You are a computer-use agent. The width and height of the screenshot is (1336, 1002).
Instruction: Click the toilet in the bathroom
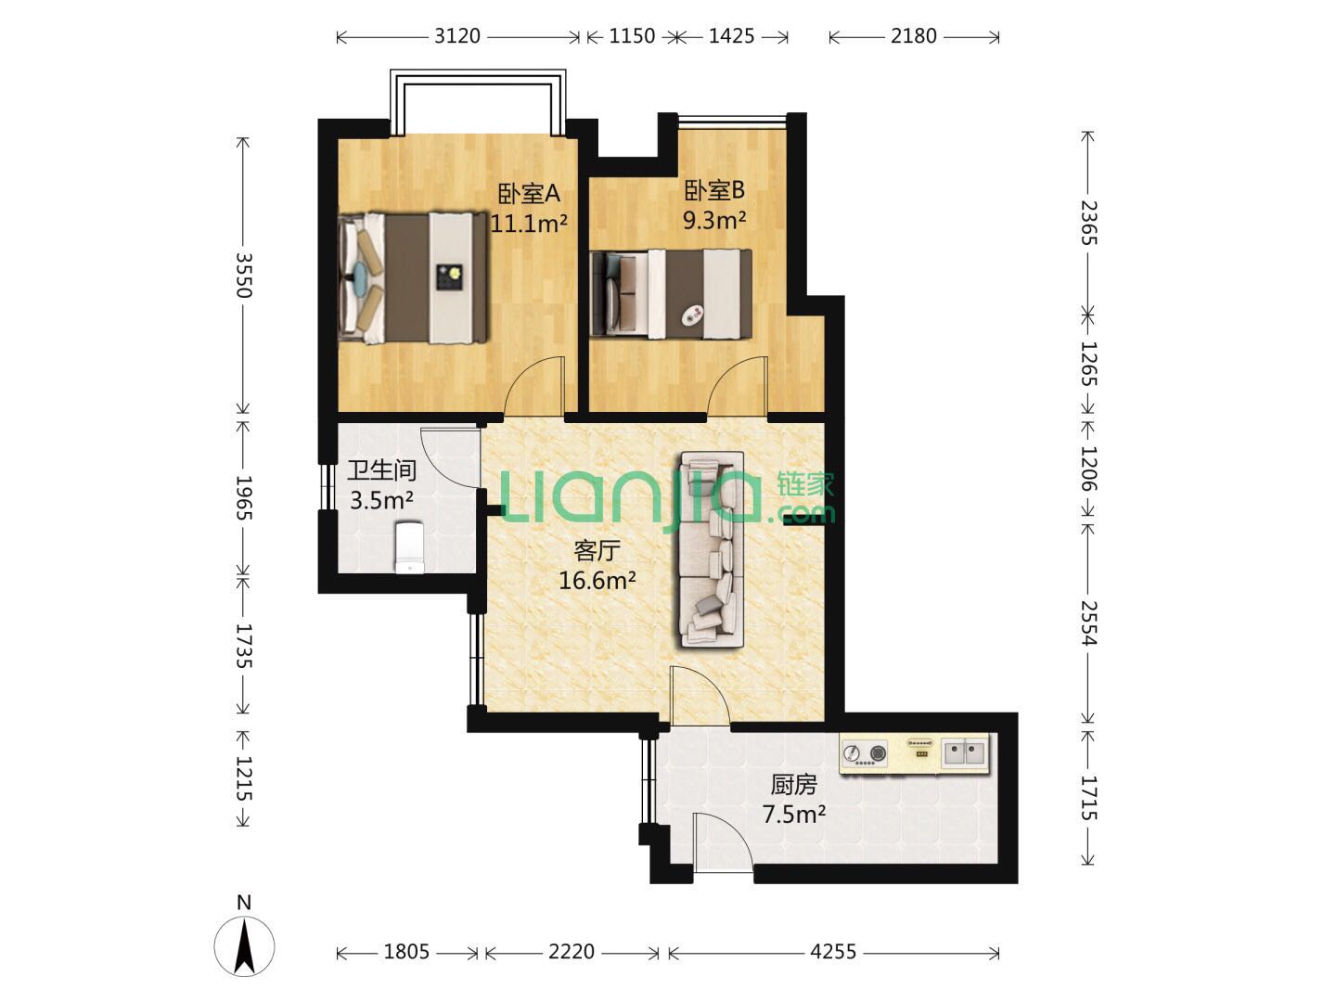[x=410, y=547]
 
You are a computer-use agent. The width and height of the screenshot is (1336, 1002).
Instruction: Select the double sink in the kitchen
[x=964, y=753]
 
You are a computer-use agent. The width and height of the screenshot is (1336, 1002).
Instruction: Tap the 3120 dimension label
[x=457, y=36]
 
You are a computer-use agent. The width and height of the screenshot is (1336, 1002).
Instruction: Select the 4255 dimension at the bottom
[x=833, y=952]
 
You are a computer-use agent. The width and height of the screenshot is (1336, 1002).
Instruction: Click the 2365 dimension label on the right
[x=1087, y=223]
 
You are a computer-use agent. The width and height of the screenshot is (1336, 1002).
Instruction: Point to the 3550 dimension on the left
[x=243, y=275]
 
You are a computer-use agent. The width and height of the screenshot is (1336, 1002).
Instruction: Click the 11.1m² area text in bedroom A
[x=529, y=224]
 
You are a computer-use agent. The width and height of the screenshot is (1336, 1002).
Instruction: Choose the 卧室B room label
[x=714, y=191]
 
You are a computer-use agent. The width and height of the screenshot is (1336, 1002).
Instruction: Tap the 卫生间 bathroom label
[x=381, y=470]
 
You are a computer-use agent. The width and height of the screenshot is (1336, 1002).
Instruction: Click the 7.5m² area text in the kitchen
[x=793, y=814]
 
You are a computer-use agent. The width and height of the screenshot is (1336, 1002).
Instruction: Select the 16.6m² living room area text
[x=597, y=581]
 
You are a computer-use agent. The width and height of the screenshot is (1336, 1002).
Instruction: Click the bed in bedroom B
[x=672, y=294]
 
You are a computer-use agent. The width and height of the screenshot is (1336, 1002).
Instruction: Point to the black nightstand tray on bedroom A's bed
[x=449, y=278]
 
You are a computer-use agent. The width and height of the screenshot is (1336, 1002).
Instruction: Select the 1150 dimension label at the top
[x=632, y=36]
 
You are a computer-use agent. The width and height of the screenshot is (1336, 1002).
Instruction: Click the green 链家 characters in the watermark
[x=805, y=485]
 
